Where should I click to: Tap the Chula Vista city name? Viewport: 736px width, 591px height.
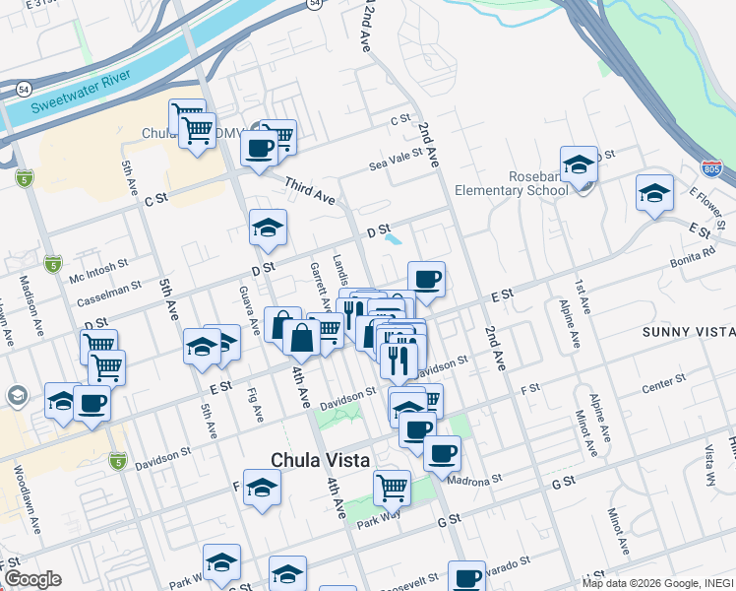[x=321, y=460]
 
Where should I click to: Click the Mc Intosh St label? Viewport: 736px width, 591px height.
[x=98, y=271]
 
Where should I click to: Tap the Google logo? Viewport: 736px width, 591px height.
[x=31, y=579]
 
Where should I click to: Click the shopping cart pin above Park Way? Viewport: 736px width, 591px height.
[x=392, y=487]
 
